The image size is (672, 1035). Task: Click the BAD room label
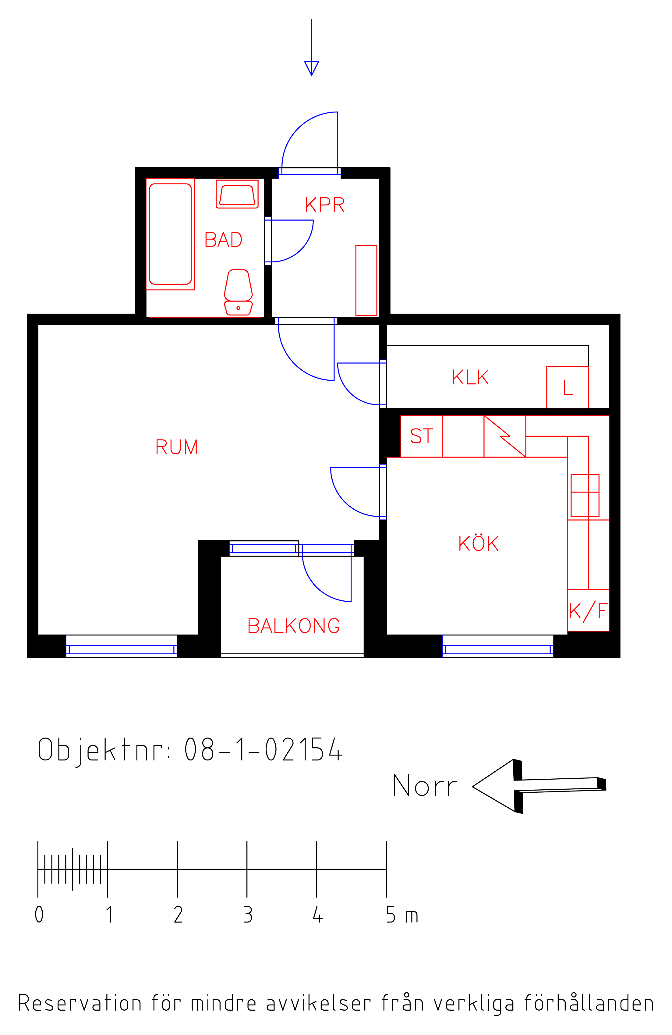(223, 240)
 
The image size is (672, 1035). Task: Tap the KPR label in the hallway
(325, 205)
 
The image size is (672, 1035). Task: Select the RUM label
(176, 446)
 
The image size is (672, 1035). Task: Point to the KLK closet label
(470, 377)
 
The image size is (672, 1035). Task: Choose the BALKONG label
(293, 626)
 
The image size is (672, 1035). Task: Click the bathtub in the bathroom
(170, 234)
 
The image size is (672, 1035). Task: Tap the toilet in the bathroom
(238, 292)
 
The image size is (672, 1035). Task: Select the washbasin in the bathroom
(237, 194)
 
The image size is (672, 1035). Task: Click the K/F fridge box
(588, 610)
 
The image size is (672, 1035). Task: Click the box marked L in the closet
(567, 387)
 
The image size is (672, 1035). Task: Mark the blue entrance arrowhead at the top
(312, 68)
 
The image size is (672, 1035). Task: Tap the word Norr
(425, 785)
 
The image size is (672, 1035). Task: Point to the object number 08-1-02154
(264, 749)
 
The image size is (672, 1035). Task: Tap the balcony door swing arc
(317, 587)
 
